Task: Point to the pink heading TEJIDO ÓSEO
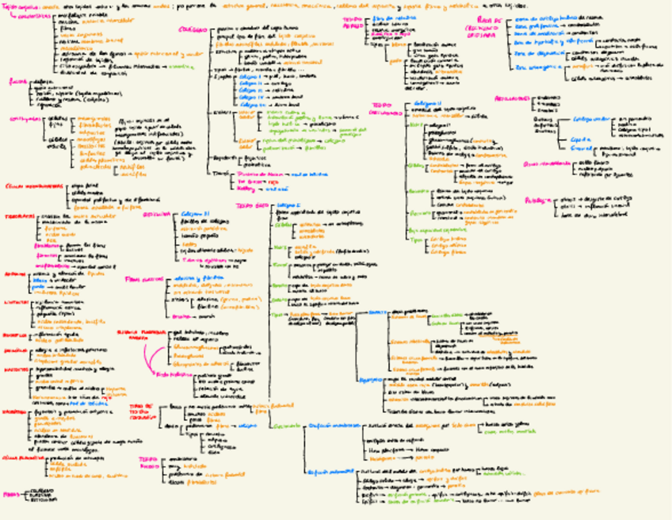click(x=250, y=205)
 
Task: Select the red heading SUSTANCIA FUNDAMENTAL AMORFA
click(x=134, y=335)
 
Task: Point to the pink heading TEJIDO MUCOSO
click(x=148, y=461)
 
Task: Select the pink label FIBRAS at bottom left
click(x=10, y=494)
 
